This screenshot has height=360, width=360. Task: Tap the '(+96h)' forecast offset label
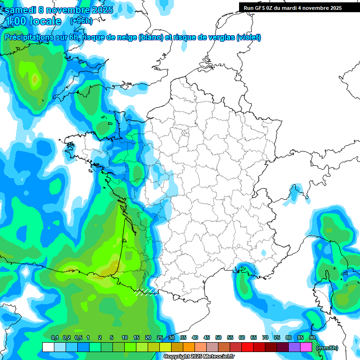(81, 21)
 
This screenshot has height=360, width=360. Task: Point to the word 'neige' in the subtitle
(125, 37)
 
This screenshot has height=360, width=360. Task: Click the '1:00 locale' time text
(33, 21)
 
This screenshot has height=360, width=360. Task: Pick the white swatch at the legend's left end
(48, 347)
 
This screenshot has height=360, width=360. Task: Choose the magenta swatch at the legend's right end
(306, 347)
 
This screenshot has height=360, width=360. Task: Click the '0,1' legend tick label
(54, 338)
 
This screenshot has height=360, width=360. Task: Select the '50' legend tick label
(218, 338)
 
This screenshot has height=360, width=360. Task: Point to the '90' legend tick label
(312, 338)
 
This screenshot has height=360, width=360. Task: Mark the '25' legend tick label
(160, 338)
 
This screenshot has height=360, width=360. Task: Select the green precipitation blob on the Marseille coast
(243, 284)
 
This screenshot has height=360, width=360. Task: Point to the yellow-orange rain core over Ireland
(34, 80)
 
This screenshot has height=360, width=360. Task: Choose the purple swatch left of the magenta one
(294, 347)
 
